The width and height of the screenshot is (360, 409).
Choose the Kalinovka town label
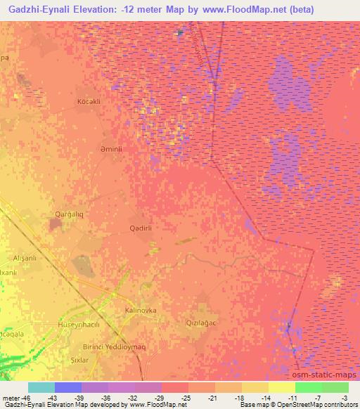point(141,310)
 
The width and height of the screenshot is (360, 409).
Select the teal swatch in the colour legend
point(41,387)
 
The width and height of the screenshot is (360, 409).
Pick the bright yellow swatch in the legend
point(282,387)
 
